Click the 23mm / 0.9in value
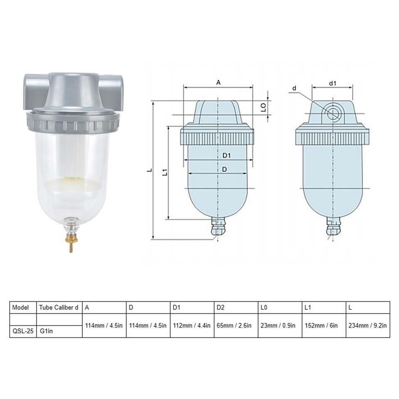tap(278, 325)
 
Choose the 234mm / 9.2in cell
tap(367, 325)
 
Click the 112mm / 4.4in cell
tap(192, 325)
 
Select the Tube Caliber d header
tap(59, 308)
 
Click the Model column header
tap(21, 308)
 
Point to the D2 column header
tap(220, 308)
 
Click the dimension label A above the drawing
tap(218, 82)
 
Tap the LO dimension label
tap(263, 107)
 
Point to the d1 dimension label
tap(332, 83)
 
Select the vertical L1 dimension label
tap(165, 172)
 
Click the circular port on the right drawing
tap(332, 113)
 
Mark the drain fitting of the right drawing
tap(332, 227)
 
